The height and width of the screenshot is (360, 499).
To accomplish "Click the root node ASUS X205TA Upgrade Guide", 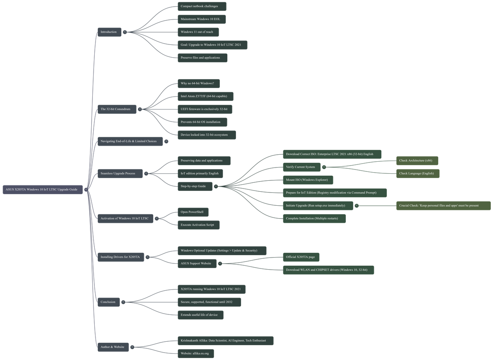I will coord(43,190).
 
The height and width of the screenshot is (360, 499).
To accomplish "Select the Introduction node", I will coord(109,32).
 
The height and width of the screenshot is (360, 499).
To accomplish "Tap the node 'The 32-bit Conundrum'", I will coord(116,109).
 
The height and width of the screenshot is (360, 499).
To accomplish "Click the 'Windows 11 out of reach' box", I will coord(198,32).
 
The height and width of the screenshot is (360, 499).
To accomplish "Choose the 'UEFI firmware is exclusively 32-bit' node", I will coord(204,109).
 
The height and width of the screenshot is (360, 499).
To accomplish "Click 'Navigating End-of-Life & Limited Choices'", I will coord(129,141).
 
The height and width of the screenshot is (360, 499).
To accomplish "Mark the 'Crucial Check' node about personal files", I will coord(443,206).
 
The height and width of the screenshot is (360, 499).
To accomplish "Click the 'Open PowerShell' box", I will coord(193,212).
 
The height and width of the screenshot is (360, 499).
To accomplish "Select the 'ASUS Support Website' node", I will coord(196,263).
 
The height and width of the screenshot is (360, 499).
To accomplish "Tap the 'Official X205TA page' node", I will coord(301,257).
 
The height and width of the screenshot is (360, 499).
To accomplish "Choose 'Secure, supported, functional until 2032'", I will coord(209,302).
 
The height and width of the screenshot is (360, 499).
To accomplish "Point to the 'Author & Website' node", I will coord(113,347).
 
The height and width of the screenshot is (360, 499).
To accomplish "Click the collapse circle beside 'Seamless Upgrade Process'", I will coord(146,173).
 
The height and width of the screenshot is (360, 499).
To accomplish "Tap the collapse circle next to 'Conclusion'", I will coord(124,302).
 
